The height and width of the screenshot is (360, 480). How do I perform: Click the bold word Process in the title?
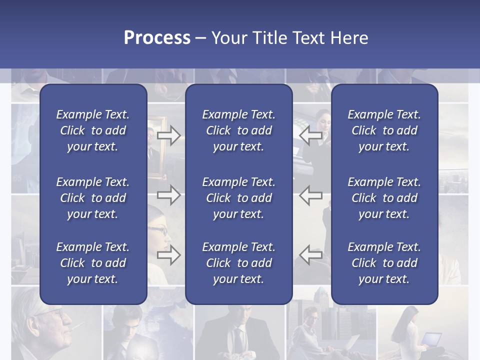coord(157,38)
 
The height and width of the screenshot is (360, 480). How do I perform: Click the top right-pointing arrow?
coord(168,135)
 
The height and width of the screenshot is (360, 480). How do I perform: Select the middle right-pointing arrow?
coord(168,195)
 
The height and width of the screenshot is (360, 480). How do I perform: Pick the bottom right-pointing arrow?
coord(168,255)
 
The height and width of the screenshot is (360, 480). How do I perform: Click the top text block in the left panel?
coord(93,130)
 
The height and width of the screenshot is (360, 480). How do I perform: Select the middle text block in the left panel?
coord(93,198)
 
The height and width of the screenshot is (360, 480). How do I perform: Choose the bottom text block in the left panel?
coord(93,263)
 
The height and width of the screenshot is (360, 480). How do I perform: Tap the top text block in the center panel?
coord(238,130)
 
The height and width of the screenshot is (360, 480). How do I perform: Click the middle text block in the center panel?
coord(238,198)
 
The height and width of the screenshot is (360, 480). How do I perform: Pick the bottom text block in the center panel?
coord(238,263)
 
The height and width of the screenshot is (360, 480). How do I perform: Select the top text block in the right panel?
coord(384,130)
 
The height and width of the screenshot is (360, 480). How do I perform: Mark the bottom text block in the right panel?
coord(384,263)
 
